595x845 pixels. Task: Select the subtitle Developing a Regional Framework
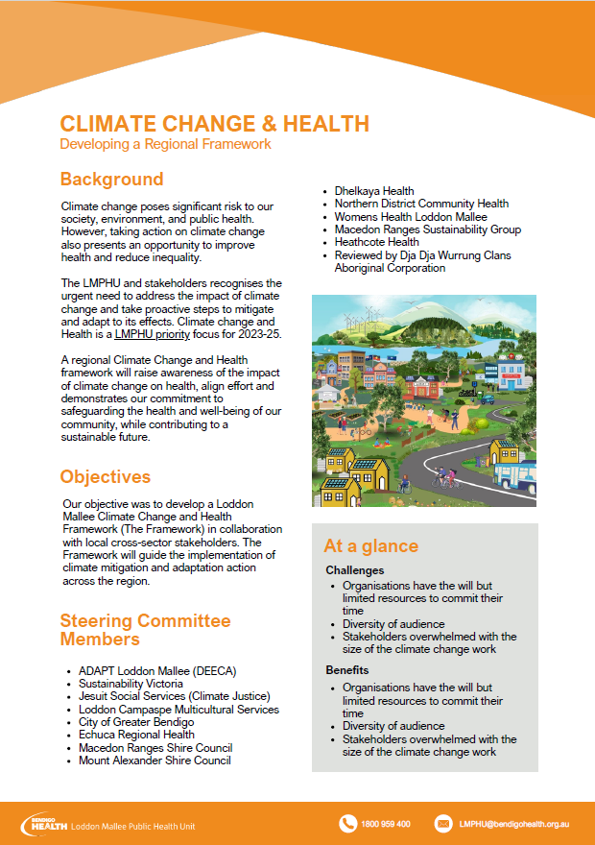[x=165, y=144]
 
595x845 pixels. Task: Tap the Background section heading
[x=111, y=180]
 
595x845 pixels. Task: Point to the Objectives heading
[x=106, y=477]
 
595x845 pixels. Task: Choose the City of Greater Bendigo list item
[x=136, y=722]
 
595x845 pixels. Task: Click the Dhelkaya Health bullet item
[x=374, y=191]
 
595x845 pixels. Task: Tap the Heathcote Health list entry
[x=377, y=242]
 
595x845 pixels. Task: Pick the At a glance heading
[x=370, y=546]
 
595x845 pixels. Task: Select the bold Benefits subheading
[x=346, y=670]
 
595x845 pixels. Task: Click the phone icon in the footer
[x=348, y=824]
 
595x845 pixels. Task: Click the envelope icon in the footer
[x=443, y=824]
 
